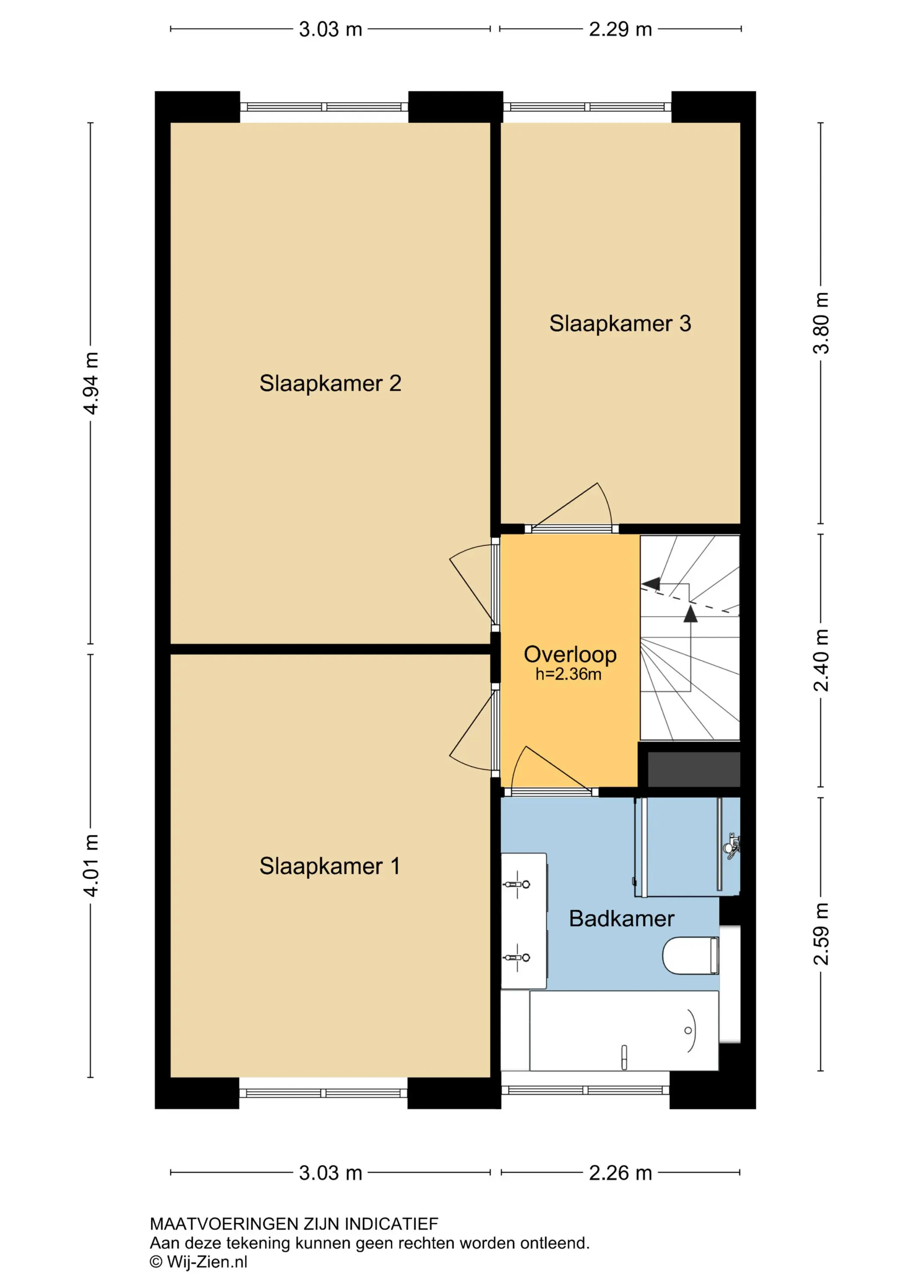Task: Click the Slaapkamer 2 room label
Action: coord(331,384)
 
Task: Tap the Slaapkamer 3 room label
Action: coord(620,324)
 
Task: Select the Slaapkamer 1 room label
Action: coord(330,866)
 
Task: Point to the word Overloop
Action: coord(570,655)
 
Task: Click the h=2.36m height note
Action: coord(568,674)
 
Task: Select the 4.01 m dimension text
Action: coord(91,865)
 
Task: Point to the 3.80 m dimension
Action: coord(821,323)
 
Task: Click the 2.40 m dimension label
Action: coord(821,660)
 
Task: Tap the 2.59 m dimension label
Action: coord(821,934)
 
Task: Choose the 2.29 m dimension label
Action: coord(620,29)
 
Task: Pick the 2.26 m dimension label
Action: coord(620,1173)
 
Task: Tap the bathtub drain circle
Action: coord(688,1030)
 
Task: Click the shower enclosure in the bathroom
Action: coord(688,847)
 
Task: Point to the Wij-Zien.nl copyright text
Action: coord(199,1262)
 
